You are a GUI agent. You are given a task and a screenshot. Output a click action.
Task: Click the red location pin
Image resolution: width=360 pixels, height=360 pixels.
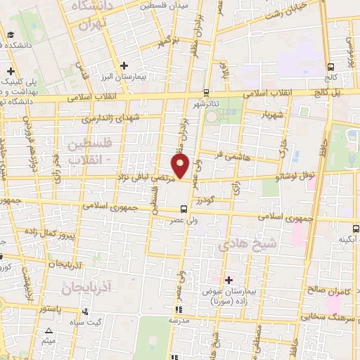(181, 167)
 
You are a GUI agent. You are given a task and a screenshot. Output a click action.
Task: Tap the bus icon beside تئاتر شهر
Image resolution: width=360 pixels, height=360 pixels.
(205, 92)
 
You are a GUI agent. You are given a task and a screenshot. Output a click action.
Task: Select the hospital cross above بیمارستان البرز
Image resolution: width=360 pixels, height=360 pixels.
(124, 65)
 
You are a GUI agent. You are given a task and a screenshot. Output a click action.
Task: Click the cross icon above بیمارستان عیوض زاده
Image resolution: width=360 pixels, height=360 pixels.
(229, 279)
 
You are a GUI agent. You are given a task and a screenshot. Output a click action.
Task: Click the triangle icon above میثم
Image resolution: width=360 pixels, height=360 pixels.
(49, 330)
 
